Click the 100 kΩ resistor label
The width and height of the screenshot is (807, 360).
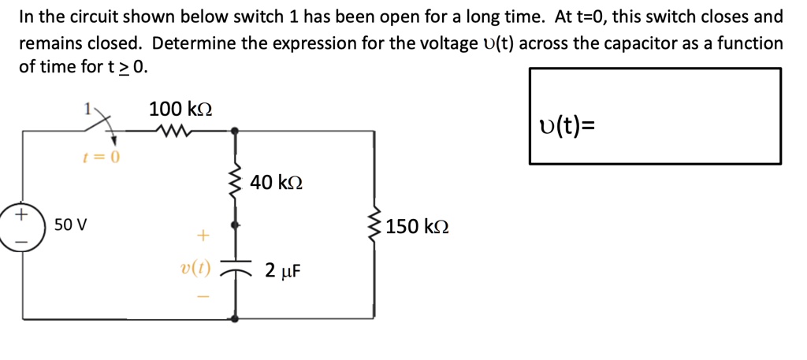point(180,109)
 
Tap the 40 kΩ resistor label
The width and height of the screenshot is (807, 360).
point(277,183)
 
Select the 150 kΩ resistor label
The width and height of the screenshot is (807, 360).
point(418,226)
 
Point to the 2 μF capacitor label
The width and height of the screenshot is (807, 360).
point(283,272)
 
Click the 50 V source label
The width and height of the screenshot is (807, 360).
point(70,225)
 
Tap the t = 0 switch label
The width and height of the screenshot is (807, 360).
point(101,157)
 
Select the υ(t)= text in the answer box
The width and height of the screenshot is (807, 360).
point(567,124)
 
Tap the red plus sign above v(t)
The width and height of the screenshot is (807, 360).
point(203,235)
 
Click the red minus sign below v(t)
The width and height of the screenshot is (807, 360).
point(203,297)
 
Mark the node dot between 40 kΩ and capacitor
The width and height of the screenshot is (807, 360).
point(234,225)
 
